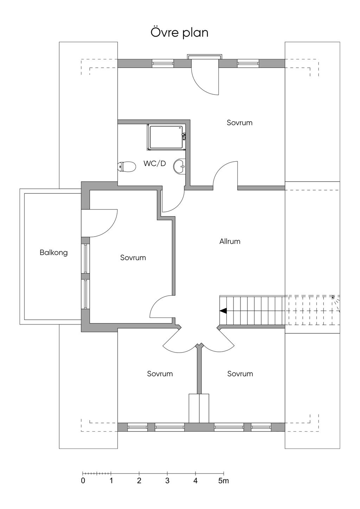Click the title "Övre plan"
180,32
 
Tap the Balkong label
53,252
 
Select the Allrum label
230,241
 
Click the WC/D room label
155,163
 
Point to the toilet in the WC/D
127,167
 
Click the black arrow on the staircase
223,311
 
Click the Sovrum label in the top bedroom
239,123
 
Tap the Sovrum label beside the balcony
133,258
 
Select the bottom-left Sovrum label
160,374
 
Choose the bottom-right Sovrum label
240,374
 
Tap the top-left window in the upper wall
163,64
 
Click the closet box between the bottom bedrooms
199,408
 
